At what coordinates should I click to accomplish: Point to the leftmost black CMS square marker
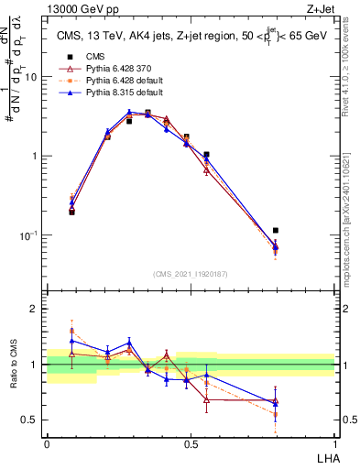point(71,212)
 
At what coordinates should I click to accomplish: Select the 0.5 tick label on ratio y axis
point(32,420)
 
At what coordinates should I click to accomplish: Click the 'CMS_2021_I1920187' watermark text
point(191,274)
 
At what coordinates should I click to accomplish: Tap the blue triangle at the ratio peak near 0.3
point(129,343)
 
